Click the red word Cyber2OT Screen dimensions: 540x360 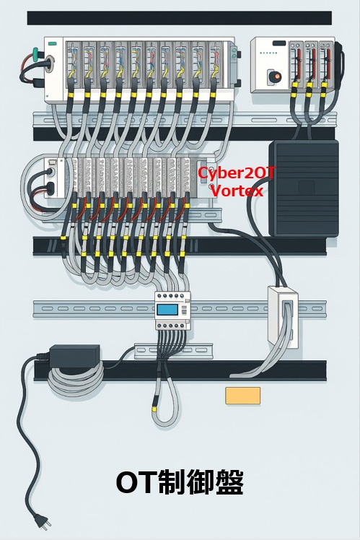[237, 174]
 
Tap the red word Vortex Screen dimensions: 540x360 [237, 191]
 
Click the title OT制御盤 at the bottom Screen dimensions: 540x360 [180, 482]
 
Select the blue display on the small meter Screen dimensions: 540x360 [167, 310]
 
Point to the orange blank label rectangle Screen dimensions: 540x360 [242, 395]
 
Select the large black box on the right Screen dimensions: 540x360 [303, 186]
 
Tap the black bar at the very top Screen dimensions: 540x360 [179, 18]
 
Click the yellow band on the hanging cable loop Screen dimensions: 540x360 [157, 406]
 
